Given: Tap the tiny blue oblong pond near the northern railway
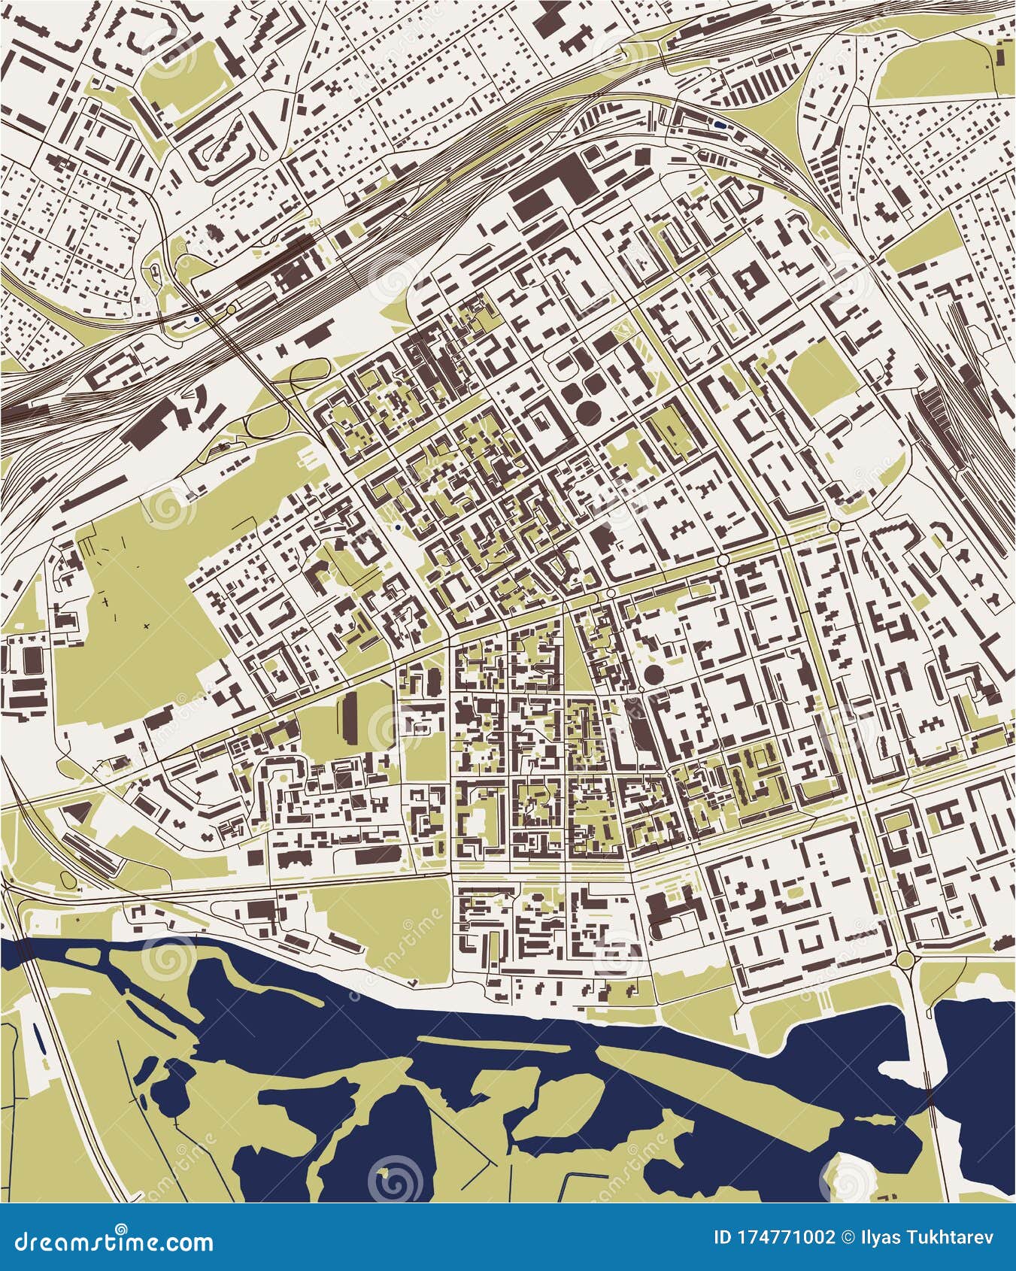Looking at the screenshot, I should point(721,126).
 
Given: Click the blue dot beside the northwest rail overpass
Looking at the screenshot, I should point(196,319).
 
